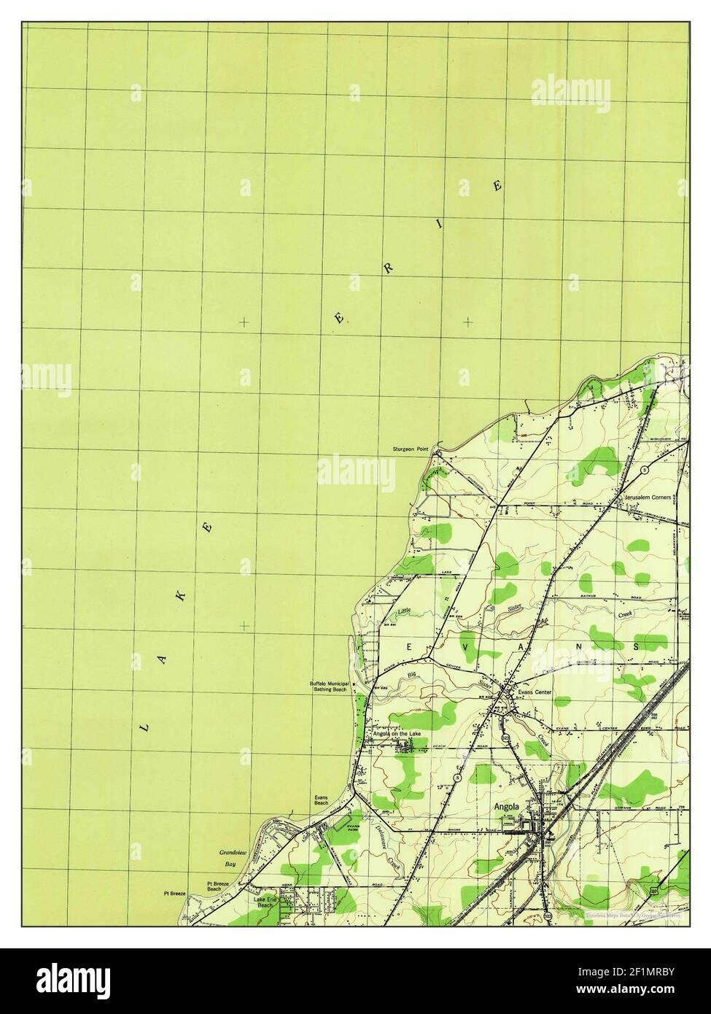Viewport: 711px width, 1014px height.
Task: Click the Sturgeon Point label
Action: point(409,450)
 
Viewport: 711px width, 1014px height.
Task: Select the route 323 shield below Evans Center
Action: point(505,738)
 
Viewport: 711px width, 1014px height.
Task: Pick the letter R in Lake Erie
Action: point(389,268)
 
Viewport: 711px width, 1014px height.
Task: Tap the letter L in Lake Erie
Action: point(144,727)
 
